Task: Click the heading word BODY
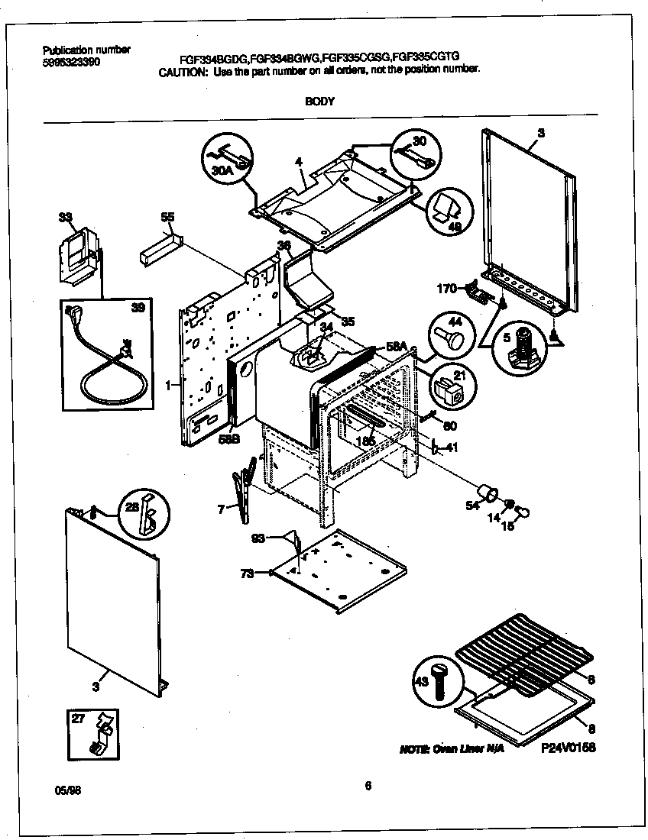(x=319, y=101)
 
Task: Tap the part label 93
(x=260, y=539)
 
